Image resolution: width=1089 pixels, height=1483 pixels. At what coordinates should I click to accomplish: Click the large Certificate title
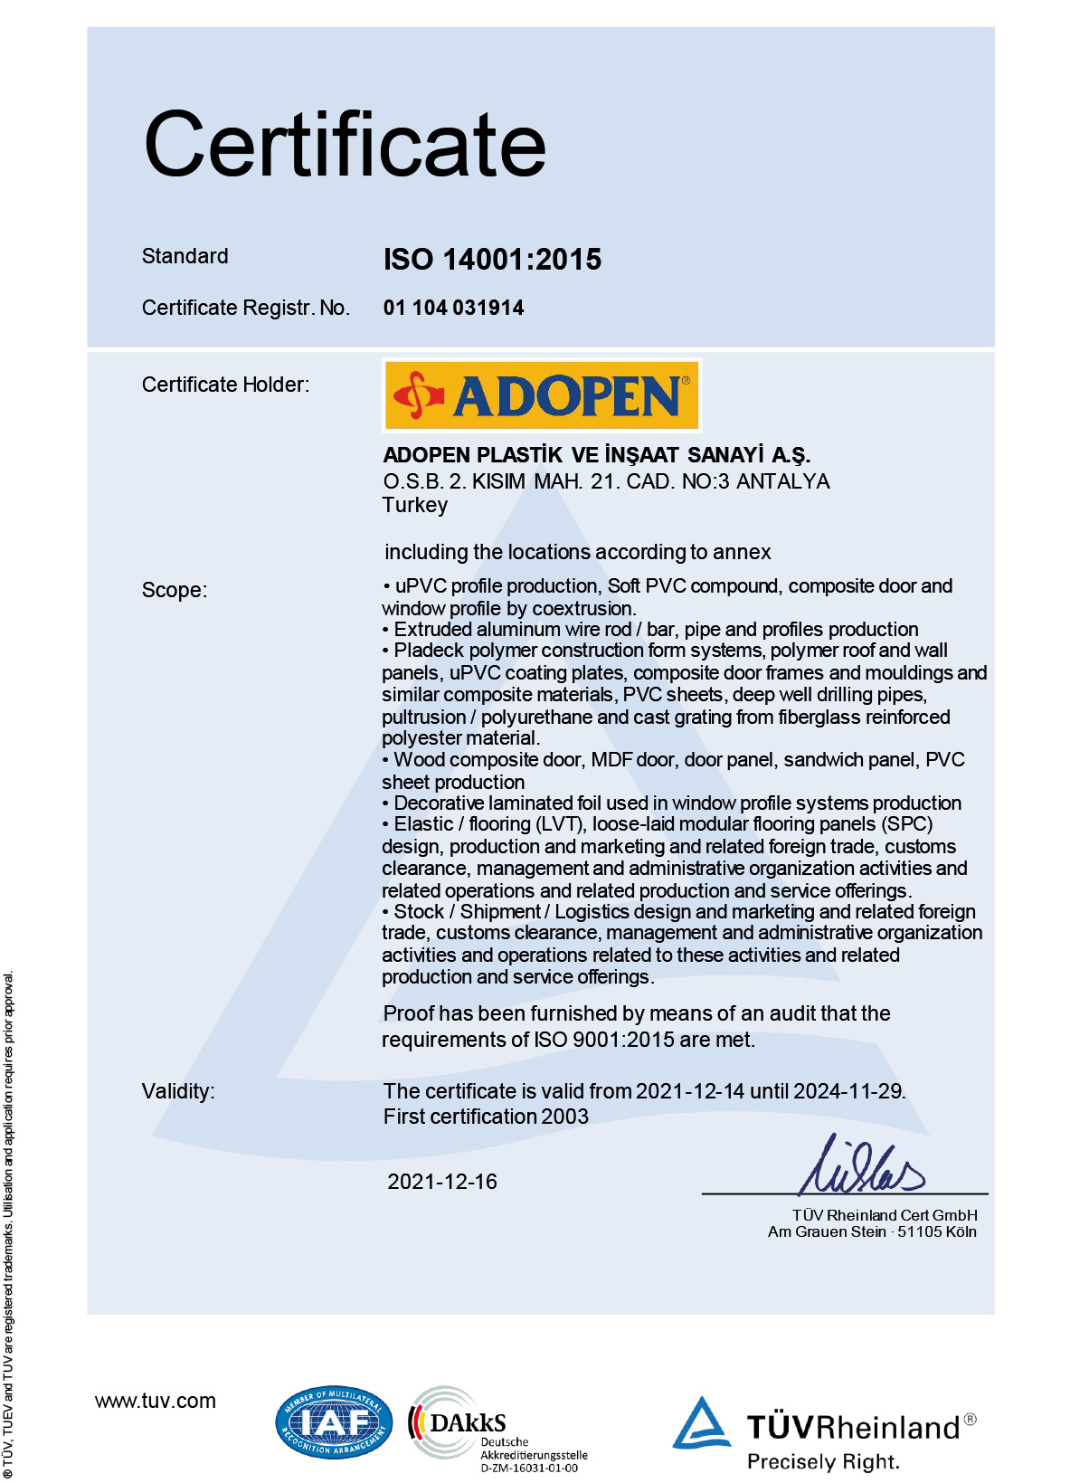345,145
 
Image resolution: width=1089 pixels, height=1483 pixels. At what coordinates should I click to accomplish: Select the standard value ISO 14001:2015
492,260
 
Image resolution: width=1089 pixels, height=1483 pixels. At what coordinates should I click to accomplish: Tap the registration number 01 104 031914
453,308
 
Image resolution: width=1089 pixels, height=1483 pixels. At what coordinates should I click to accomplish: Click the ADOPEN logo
542,395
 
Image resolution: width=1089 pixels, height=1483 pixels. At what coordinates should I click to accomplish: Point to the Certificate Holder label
225,385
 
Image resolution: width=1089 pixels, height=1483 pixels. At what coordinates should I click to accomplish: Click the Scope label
175,590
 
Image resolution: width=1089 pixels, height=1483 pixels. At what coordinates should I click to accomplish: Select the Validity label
178,1091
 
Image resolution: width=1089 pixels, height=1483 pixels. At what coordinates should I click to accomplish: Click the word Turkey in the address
414,505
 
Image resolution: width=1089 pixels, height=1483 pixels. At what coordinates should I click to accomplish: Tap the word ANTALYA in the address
782,481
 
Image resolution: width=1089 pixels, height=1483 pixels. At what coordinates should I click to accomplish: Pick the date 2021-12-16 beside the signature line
442,1182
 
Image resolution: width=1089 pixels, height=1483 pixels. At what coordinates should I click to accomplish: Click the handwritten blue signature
862,1167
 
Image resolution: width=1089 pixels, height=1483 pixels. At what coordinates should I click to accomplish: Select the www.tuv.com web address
156,1401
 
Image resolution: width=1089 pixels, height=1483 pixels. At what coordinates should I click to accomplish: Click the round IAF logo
334,1422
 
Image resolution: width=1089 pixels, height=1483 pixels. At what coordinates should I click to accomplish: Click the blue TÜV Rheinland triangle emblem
701,1423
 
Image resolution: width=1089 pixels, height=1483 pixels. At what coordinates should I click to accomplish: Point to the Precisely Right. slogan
823,1461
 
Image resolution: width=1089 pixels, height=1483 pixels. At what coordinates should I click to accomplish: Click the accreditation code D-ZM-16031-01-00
529,1468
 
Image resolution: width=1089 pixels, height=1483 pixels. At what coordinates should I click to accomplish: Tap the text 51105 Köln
936,1231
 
